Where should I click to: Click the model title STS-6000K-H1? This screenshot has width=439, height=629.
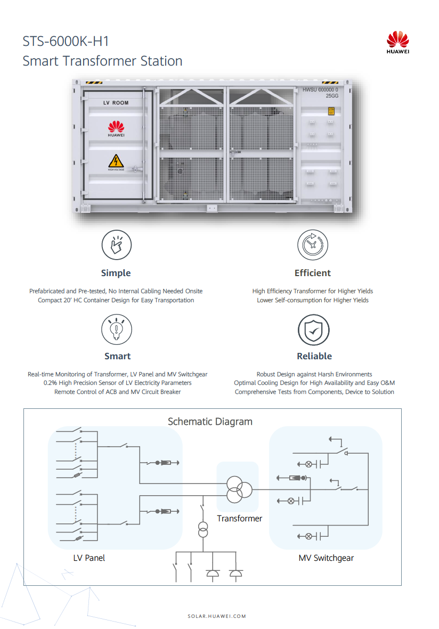[66, 42]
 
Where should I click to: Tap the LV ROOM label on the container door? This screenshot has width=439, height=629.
[116, 102]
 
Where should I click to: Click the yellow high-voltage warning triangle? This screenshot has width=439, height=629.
[116, 161]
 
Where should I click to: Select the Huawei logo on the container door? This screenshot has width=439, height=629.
[116, 127]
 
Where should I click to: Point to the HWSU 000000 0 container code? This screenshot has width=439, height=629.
[320, 90]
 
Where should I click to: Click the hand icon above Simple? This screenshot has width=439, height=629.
[116, 245]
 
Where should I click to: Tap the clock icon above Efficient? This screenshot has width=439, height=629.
[313, 245]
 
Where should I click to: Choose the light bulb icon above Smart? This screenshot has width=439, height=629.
[116, 329]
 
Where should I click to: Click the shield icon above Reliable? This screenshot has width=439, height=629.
[313, 329]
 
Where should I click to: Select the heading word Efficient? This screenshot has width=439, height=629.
[313, 273]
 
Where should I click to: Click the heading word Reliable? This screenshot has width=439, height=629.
[314, 356]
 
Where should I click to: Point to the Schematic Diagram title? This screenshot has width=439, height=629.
[210, 422]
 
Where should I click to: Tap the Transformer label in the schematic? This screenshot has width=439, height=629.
[239, 518]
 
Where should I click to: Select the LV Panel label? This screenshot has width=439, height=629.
[89, 558]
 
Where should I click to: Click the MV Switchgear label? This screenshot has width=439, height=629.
[326, 558]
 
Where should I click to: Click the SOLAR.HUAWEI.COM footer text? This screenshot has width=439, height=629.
[217, 616]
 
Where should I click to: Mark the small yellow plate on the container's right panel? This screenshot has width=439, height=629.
[331, 110]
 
